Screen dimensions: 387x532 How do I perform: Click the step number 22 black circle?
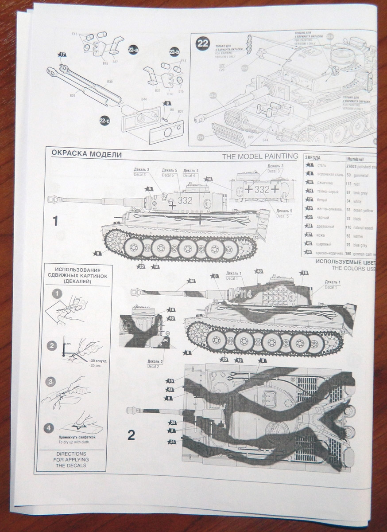tap(203, 44)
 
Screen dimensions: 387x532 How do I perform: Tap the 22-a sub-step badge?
tap(132, 50)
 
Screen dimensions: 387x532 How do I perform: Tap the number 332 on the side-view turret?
tap(185, 200)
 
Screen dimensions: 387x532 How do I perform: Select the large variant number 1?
tap(55, 221)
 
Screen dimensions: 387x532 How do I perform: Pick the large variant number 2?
tap(131, 435)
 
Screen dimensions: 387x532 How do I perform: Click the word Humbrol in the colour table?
tap(355, 158)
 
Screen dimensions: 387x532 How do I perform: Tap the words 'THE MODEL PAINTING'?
tap(260, 156)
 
